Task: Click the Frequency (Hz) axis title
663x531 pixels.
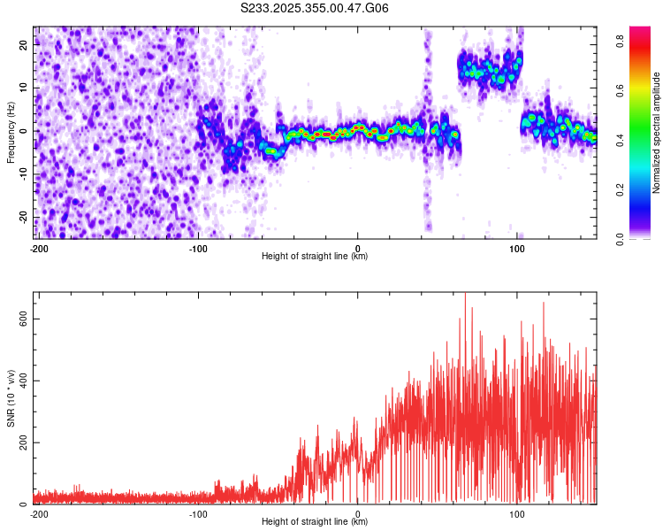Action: tap(11, 132)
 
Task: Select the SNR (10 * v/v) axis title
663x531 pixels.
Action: tap(11, 397)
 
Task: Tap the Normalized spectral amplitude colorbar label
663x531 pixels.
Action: tap(657, 132)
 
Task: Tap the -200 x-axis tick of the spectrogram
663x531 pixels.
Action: tap(39, 248)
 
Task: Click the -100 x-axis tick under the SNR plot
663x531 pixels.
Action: tap(198, 513)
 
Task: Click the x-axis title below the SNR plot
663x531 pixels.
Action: tap(315, 522)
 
